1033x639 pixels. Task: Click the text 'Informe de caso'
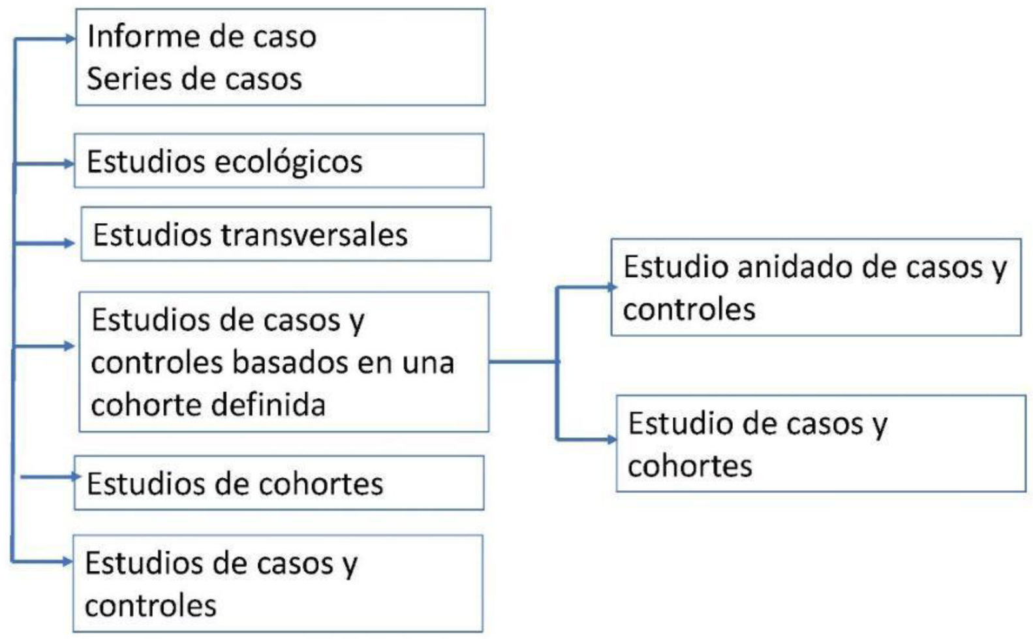202,37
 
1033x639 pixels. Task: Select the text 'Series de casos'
194,79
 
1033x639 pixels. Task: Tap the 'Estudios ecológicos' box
279,161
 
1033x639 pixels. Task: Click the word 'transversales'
314,235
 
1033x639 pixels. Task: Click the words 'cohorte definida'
208,405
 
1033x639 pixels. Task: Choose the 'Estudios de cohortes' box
279,484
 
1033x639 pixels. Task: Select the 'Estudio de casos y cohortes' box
821,444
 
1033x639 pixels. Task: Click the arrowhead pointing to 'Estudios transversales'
70,243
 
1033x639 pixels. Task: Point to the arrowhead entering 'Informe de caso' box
71,39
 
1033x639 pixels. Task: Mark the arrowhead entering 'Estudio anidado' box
611,287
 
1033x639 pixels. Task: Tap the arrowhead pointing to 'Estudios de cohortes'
76,476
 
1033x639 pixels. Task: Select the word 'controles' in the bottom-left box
151,606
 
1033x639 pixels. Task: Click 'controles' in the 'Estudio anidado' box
689,309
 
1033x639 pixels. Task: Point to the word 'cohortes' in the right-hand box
690,466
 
